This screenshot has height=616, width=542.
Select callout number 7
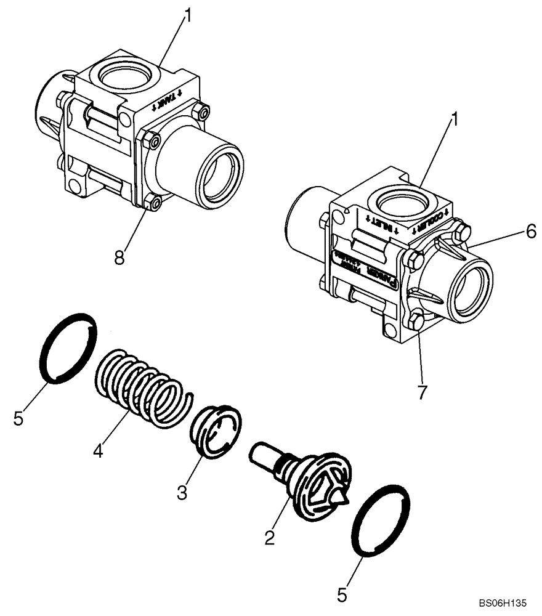pyautogui.click(x=422, y=392)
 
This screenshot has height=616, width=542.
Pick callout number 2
pyautogui.click(x=269, y=537)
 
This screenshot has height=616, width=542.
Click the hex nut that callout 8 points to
pyautogui.click(x=152, y=201)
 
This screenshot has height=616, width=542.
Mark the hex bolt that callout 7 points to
pyautogui.click(x=415, y=321)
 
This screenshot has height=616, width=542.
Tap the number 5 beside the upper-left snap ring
pyautogui.click(x=19, y=419)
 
